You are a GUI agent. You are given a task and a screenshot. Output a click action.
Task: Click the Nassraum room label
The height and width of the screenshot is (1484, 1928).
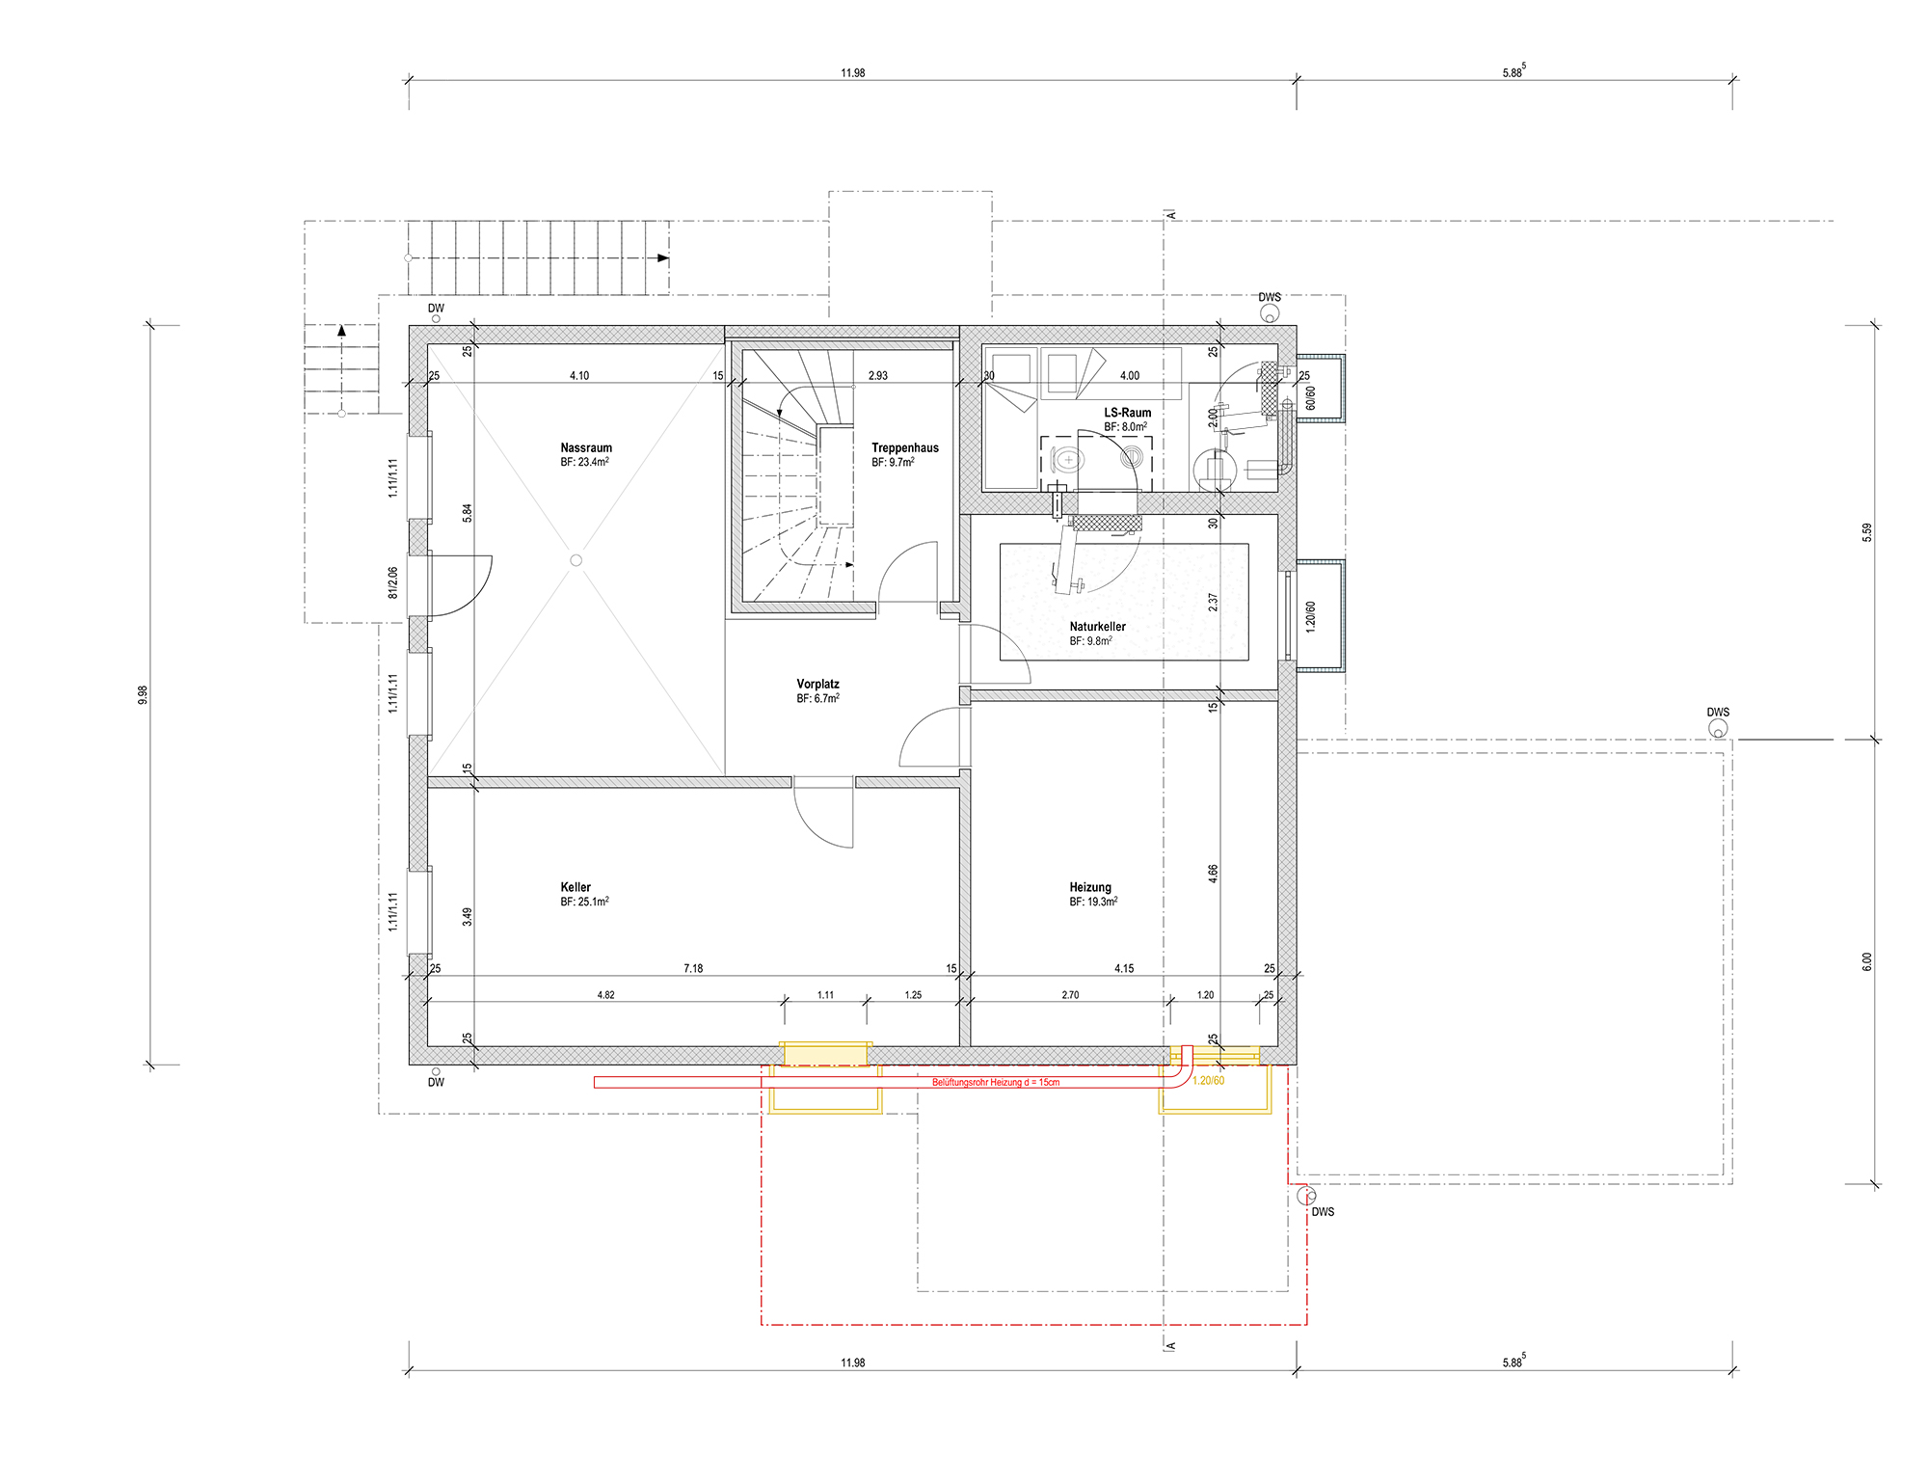click(586, 447)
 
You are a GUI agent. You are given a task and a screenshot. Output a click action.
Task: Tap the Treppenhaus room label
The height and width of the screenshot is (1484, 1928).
click(905, 447)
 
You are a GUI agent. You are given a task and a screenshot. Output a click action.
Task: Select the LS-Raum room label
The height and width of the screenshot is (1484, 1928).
click(1128, 413)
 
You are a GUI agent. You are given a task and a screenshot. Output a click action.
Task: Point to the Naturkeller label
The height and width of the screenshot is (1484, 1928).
click(1098, 627)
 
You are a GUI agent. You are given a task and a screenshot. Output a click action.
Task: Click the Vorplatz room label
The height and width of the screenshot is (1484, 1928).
click(817, 684)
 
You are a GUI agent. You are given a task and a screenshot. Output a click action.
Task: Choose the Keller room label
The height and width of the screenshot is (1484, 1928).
click(576, 887)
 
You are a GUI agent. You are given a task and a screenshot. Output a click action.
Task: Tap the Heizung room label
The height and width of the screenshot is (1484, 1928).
click(1090, 887)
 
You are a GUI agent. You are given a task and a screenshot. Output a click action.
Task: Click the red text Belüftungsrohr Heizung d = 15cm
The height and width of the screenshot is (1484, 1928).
click(996, 1083)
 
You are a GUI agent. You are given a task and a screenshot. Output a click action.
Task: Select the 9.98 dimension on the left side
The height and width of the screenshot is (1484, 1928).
click(143, 694)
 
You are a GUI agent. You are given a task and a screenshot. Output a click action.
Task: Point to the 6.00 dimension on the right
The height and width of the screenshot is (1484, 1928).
click(1867, 961)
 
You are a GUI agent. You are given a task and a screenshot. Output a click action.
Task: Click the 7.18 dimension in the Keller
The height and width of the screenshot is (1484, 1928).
click(693, 968)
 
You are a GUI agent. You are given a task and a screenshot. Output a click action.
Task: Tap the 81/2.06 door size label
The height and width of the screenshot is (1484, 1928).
click(392, 582)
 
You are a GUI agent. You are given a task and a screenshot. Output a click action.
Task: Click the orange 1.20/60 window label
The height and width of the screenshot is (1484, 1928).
click(1209, 1081)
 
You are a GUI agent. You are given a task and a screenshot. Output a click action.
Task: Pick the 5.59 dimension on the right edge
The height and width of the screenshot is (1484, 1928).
click(1867, 532)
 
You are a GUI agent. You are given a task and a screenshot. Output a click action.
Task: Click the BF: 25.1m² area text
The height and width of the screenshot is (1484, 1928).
click(584, 902)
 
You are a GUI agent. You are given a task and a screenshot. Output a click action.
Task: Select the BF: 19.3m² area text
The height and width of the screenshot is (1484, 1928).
click(1093, 902)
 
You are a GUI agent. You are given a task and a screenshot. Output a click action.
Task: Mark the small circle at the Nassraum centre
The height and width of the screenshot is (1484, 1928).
click(576, 560)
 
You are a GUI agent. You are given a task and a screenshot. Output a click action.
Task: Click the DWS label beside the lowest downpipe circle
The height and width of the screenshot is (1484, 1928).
click(1323, 1212)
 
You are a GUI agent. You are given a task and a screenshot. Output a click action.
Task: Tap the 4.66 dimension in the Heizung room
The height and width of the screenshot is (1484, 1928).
click(1213, 874)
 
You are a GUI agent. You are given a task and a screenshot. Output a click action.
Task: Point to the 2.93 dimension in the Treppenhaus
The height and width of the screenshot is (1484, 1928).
click(878, 375)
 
